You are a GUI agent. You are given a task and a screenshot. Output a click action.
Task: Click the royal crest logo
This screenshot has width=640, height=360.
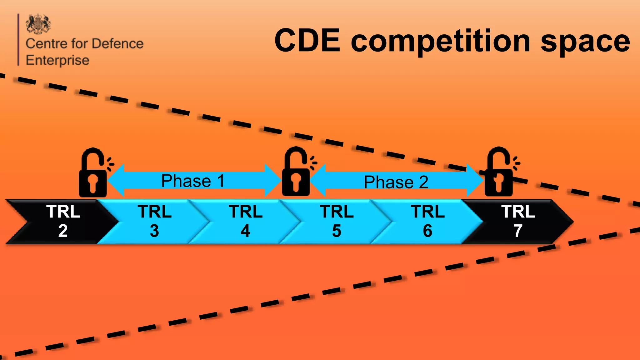[x=38, y=24]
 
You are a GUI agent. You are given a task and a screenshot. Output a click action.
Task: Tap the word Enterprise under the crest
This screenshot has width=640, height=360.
[x=57, y=60]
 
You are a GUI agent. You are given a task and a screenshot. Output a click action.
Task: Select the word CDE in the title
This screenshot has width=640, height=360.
[x=307, y=41]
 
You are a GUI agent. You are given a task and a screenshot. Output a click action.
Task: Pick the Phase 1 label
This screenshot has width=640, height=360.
[x=193, y=181]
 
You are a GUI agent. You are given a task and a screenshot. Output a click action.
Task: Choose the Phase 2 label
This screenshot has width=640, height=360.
[x=396, y=182]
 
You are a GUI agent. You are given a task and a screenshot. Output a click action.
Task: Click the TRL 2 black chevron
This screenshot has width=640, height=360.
[x=62, y=222]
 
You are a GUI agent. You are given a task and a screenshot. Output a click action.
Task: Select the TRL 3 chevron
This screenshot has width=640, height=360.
[x=154, y=222]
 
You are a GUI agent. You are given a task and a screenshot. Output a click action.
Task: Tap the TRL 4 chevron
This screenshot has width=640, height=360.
[x=246, y=222]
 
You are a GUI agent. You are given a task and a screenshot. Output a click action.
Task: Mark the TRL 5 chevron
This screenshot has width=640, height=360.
[x=337, y=222]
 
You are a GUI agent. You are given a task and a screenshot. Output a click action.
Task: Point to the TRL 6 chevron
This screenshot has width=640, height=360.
[x=427, y=222]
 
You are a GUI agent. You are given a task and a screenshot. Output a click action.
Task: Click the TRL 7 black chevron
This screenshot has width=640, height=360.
[x=518, y=222]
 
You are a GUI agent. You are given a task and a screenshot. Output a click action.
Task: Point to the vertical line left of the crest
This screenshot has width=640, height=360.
[x=18, y=40]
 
